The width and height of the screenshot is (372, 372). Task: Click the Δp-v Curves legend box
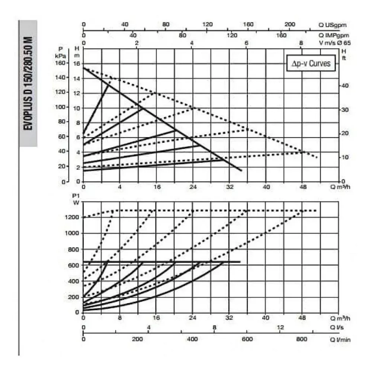(311, 63)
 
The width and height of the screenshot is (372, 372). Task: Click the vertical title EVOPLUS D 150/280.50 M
(28, 83)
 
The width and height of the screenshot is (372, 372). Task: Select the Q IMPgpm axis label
(334, 36)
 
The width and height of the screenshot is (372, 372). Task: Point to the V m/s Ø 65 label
(335, 43)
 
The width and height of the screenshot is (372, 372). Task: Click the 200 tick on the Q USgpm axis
(290, 25)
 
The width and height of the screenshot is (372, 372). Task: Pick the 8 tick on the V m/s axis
(301, 43)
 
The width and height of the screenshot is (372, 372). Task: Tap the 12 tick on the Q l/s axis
(280, 327)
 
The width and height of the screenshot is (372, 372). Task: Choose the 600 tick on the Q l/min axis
(247, 339)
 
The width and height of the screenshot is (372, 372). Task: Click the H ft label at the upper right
(344, 54)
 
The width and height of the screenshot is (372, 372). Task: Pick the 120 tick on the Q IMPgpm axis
(232, 36)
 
